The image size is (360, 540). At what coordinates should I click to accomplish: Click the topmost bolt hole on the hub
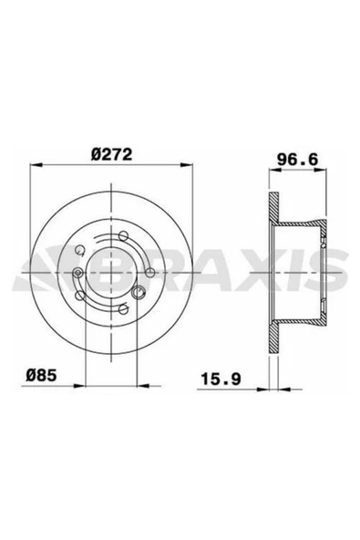(123, 237)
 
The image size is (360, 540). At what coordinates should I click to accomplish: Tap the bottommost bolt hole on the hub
(123, 305)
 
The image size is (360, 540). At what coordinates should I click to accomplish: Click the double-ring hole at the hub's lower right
(139, 293)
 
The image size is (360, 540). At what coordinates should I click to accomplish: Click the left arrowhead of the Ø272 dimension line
(34, 166)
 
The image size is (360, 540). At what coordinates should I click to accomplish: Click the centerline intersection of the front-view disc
(109, 271)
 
